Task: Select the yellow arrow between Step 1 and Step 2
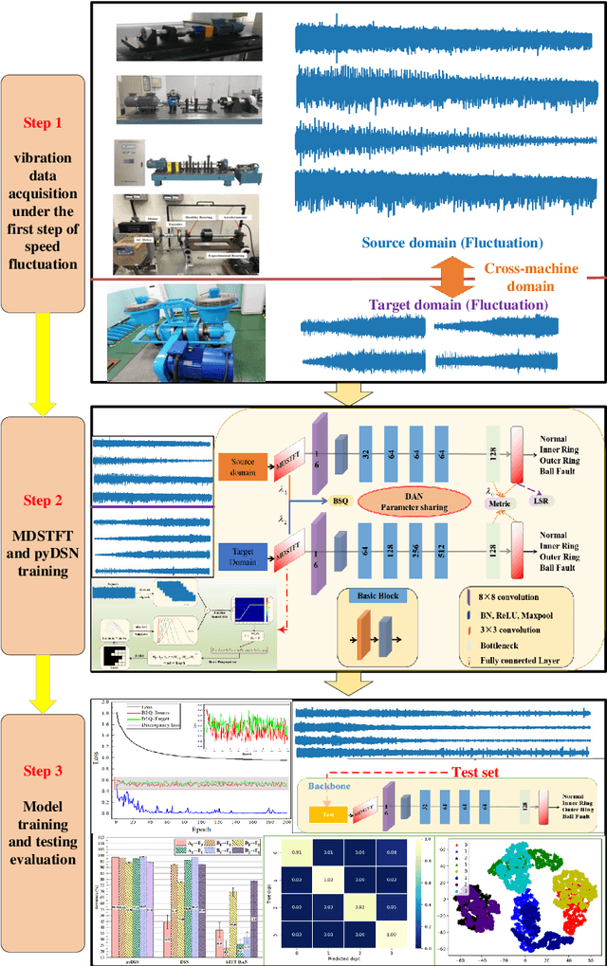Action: [44, 366]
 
